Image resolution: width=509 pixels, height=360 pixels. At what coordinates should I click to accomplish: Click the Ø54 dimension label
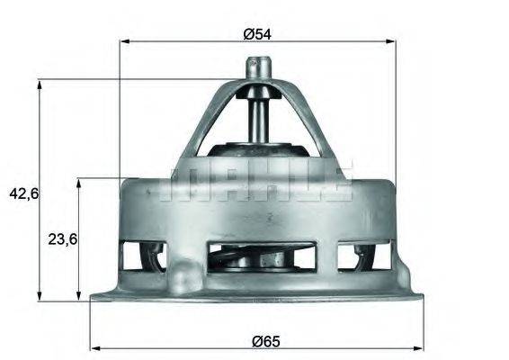point(255,32)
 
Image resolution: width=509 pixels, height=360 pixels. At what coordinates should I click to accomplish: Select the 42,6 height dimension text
point(21,193)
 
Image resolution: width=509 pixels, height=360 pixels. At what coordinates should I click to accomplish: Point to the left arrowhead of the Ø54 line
point(125,41)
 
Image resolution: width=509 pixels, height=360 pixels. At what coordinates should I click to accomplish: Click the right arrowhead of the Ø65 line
point(419,347)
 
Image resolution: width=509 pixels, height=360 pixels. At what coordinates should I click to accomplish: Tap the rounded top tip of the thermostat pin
point(258,62)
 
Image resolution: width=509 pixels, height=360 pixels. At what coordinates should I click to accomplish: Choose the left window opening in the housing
point(142,256)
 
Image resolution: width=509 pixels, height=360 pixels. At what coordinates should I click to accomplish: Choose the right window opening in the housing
point(363,256)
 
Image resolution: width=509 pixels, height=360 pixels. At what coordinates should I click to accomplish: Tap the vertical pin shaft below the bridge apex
point(258,112)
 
